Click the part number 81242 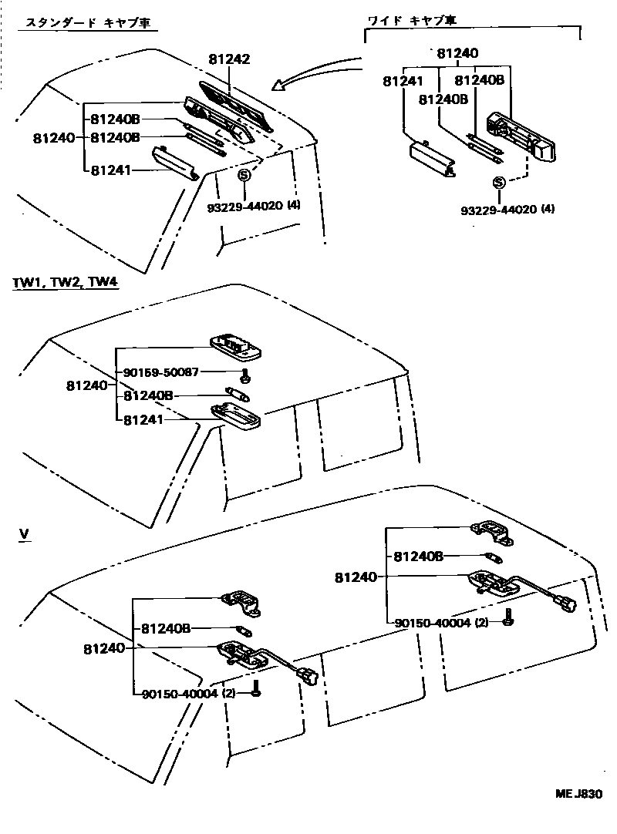229,59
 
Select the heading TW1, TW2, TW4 65,283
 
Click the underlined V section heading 24,533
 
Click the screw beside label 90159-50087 244,376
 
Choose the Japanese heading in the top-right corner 423,19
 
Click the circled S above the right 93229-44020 499,182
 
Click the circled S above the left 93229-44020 244,175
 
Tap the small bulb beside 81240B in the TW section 236,395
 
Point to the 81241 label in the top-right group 402,80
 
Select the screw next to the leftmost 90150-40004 256,692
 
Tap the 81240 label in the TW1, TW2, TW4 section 86,385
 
